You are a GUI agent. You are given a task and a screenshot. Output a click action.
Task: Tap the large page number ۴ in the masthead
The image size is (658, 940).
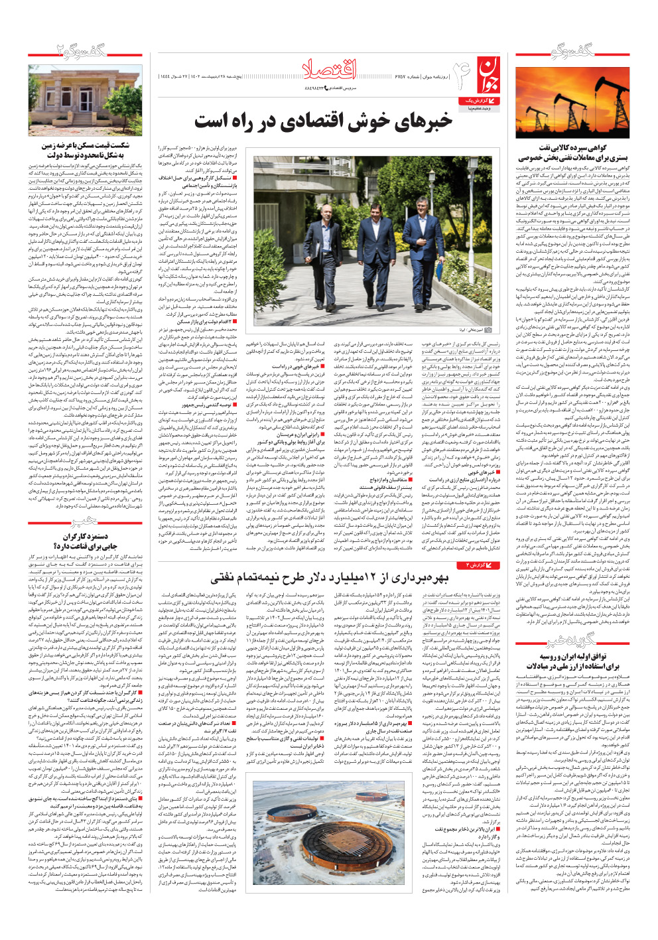pyautogui.click(x=461, y=73)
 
